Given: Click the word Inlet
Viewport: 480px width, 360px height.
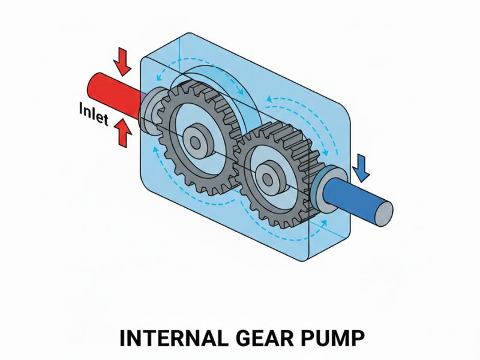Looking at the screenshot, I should [93, 114].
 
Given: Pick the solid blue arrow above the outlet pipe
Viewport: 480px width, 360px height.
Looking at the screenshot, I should [361, 167].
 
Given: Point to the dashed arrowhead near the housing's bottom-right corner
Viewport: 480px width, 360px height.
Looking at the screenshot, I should [325, 223].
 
